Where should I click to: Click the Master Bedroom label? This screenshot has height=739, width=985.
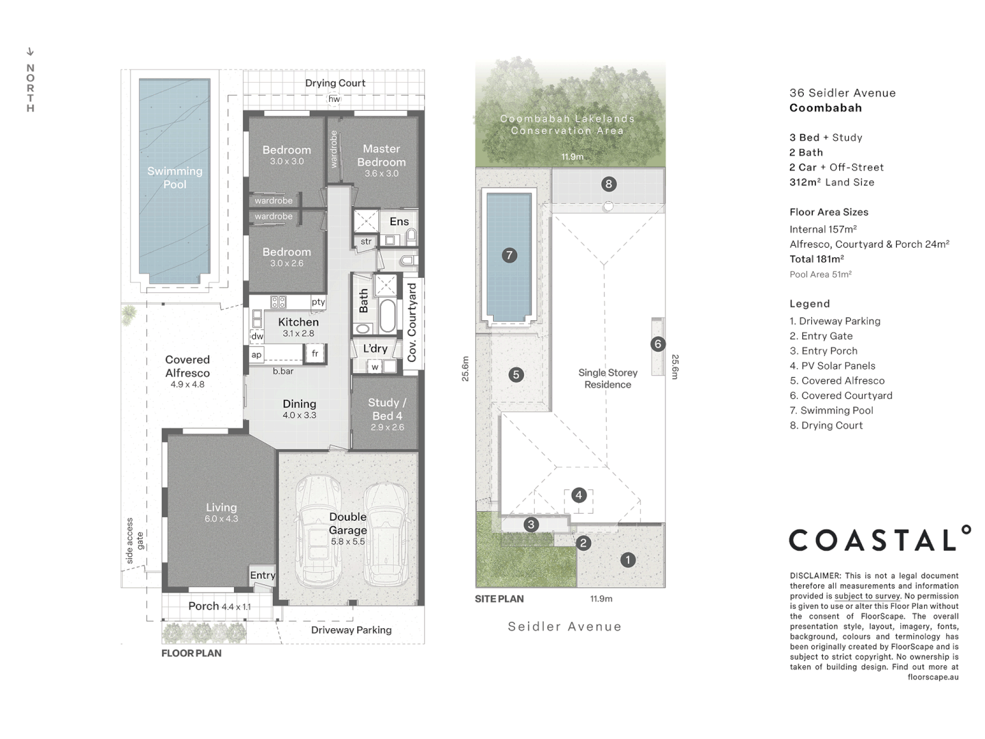coord(381,155)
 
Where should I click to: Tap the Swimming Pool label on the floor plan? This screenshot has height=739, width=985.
coord(174,177)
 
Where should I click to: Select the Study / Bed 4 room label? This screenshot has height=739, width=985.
coord(387,409)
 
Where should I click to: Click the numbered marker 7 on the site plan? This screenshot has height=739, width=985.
coord(509,255)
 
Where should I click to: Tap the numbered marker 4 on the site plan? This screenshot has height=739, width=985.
coord(579,495)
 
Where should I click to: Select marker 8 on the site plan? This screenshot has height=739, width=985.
coord(608,183)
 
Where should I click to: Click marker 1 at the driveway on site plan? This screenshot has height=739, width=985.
coord(627,560)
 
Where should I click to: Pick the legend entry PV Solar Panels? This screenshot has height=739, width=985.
coord(832,366)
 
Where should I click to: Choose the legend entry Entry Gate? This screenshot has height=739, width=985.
coord(821,336)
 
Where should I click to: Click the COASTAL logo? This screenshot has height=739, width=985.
coord(880,539)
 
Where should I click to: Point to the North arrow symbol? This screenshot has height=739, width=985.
coord(30,51)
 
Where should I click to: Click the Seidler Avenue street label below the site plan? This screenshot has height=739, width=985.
coord(564,626)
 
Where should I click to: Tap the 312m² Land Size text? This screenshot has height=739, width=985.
coord(832,182)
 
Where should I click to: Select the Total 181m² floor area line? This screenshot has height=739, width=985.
coord(817,259)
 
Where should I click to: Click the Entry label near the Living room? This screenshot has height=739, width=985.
coord(262,575)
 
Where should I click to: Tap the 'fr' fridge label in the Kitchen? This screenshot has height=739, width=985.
coord(315,354)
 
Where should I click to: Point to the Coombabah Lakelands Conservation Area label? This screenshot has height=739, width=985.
coord(567,125)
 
